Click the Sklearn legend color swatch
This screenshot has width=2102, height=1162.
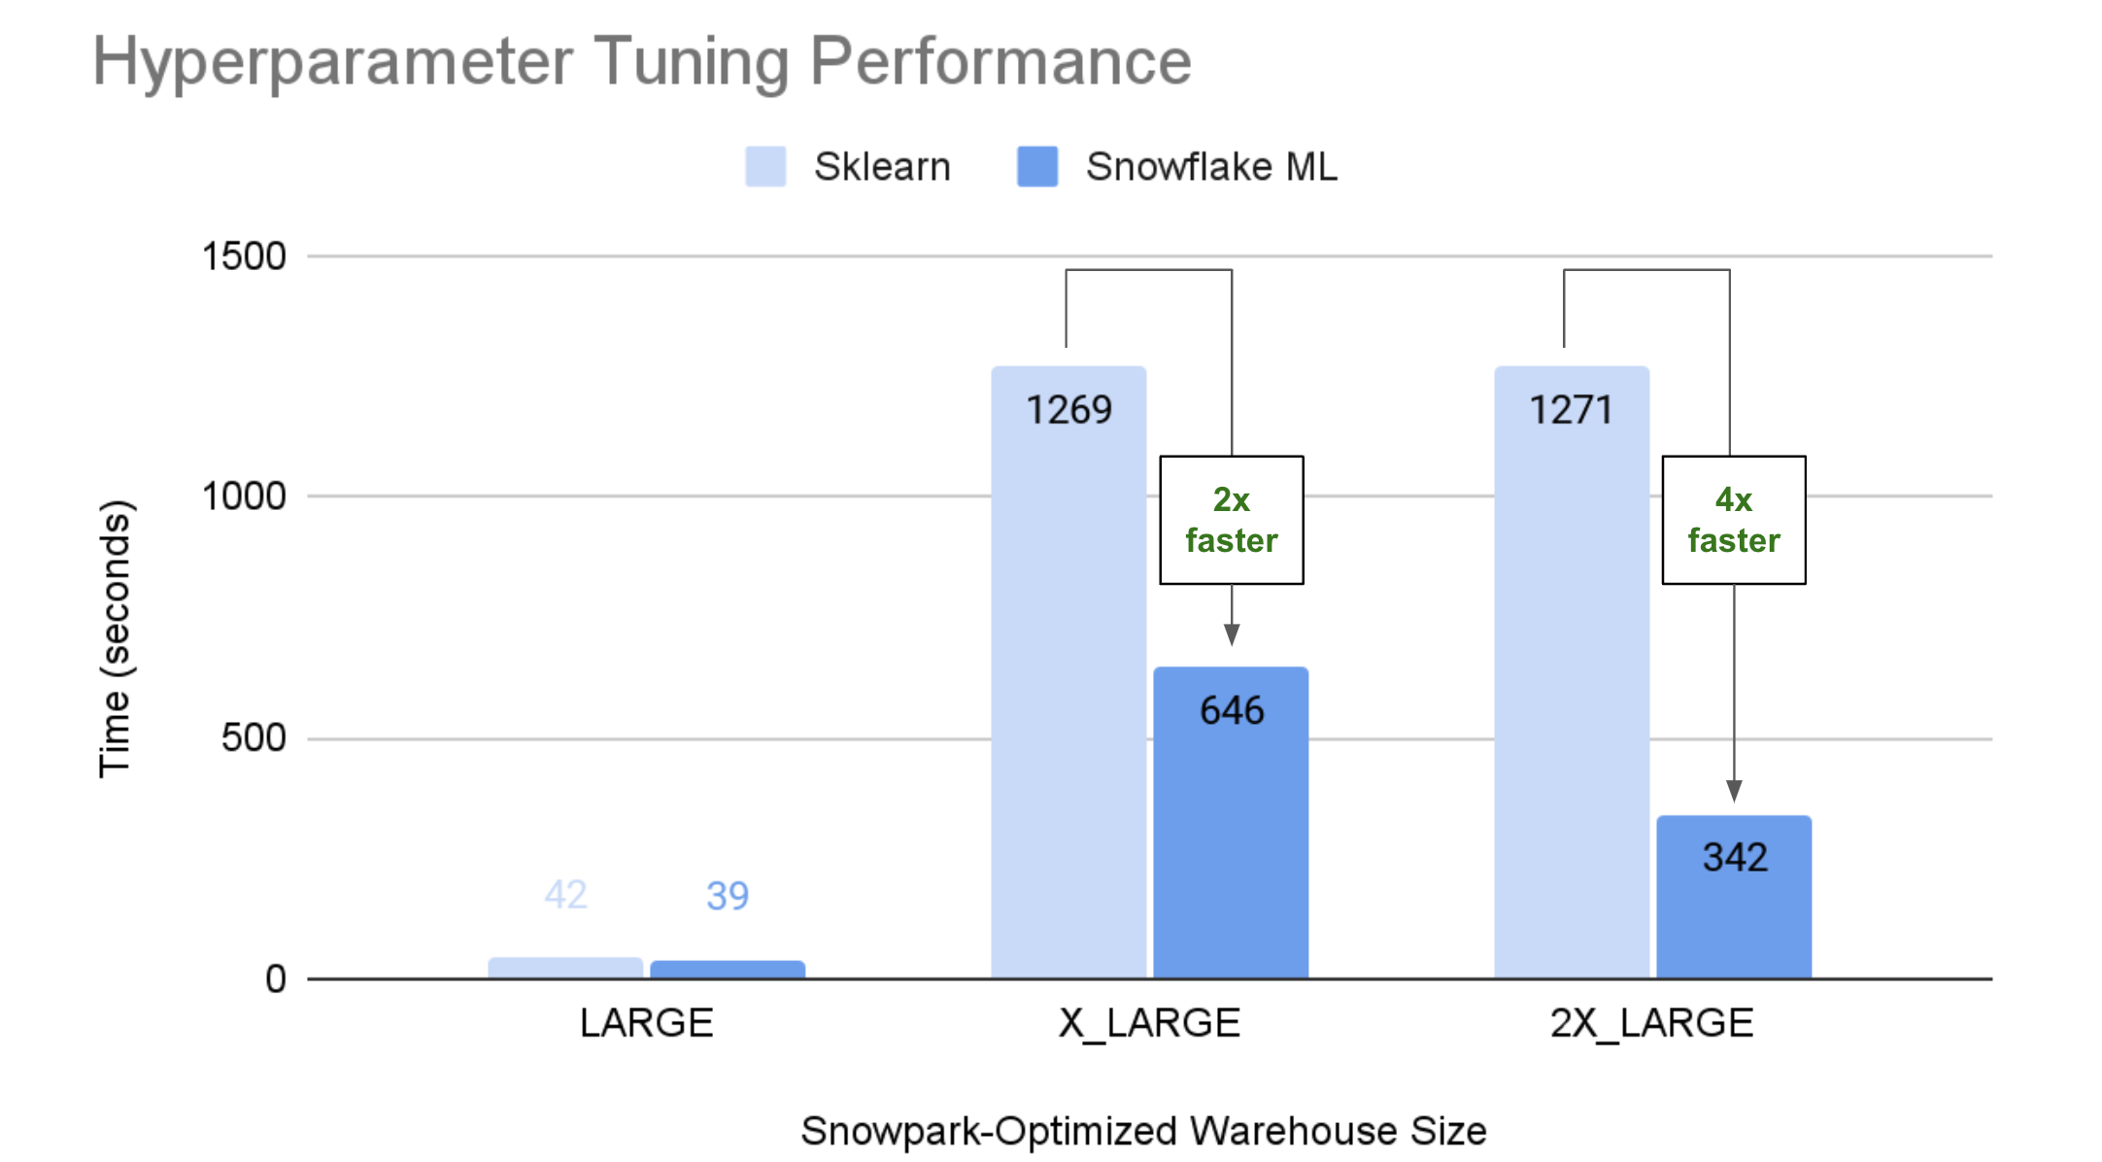765,166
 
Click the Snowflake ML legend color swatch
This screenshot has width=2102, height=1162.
1037,166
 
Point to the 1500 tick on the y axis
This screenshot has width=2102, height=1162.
244,256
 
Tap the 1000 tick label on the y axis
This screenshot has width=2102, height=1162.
244,496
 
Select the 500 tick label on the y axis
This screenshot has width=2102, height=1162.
254,737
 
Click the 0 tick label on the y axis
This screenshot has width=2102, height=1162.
276,978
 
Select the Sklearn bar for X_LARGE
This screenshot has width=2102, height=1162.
1068,680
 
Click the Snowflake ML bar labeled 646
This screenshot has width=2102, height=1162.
1231,826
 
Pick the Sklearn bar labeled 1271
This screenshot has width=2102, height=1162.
1572,680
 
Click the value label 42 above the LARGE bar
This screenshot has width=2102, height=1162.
565,895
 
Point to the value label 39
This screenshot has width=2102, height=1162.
728,896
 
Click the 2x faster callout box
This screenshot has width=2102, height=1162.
1232,520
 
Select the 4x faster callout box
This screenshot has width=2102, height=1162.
1734,520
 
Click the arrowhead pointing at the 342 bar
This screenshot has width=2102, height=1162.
1734,791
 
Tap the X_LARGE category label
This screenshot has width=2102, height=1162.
1149,1023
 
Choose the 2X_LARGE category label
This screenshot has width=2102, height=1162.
1651,1023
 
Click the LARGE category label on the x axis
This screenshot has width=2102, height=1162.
647,1023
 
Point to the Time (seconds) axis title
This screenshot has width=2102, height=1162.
115,638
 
